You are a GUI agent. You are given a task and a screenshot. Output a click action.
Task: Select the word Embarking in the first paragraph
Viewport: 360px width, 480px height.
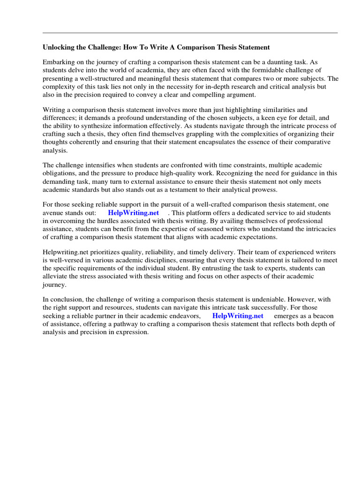[x=59, y=62]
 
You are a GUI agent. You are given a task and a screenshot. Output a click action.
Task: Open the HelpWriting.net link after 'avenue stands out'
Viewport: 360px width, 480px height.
[x=134, y=213]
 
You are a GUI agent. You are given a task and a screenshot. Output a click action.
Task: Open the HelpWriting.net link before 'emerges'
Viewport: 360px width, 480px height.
[x=238, y=315]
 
